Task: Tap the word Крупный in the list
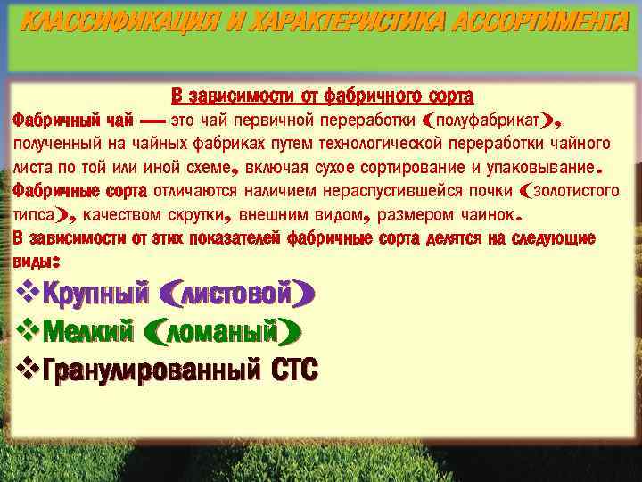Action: pyautogui.click(x=95, y=293)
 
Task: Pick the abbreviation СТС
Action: pyautogui.click(x=295, y=369)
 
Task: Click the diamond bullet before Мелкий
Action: pyautogui.click(x=27, y=331)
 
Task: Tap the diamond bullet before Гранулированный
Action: pyautogui.click(x=27, y=368)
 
